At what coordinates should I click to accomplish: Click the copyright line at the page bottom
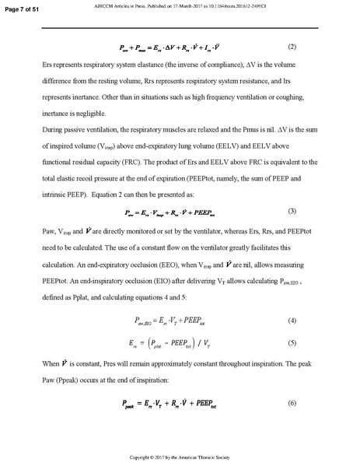pyautogui.click(x=180, y=455)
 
